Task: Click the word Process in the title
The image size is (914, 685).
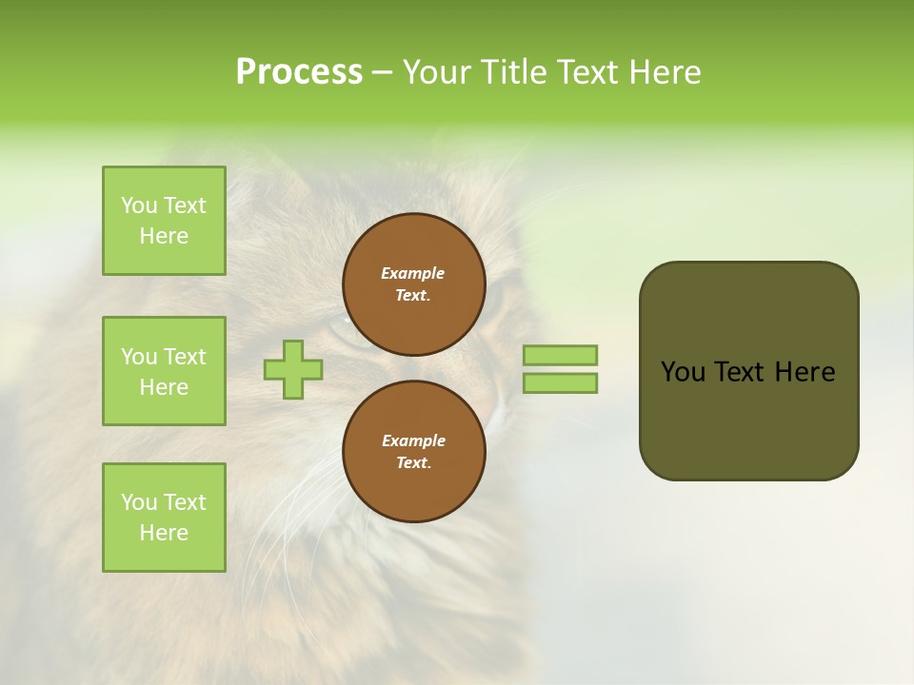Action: [x=299, y=72]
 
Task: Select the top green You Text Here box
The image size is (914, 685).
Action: [x=164, y=221]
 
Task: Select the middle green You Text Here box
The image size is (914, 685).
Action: [x=164, y=371]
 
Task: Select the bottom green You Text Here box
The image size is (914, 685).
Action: [x=164, y=518]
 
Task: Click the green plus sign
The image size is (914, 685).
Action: [x=293, y=369]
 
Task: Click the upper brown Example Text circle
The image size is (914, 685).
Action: [x=414, y=284]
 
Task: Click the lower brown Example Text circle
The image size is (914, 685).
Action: [x=414, y=452]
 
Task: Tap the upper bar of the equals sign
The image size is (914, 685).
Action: [x=560, y=355]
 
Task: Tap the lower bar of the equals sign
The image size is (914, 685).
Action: [x=560, y=383]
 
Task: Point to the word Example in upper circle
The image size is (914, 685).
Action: [x=413, y=273]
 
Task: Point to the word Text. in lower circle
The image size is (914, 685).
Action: [x=413, y=463]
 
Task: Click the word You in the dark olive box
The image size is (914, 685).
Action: [x=682, y=372]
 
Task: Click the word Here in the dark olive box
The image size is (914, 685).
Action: [x=805, y=372]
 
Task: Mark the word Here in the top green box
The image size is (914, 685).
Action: [x=164, y=236]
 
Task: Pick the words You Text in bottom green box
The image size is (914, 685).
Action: [x=164, y=502]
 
